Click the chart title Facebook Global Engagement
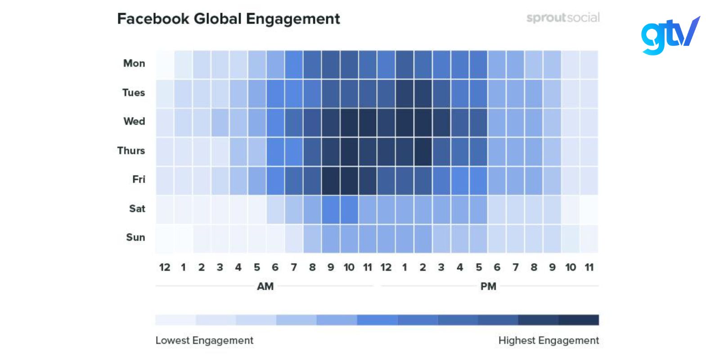click(x=228, y=19)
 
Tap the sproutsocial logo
click(x=562, y=18)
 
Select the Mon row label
click(x=134, y=63)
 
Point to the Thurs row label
click(x=131, y=150)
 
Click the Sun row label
click(x=135, y=238)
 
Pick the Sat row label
click(x=137, y=209)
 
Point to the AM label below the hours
click(x=265, y=287)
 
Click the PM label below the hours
click(x=488, y=287)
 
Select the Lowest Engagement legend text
click(x=204, y=341)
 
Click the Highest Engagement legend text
click(x=549, y=341)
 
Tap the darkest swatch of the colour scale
click(x=578, y=320)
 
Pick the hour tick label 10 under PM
click(x=571, y=268)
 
